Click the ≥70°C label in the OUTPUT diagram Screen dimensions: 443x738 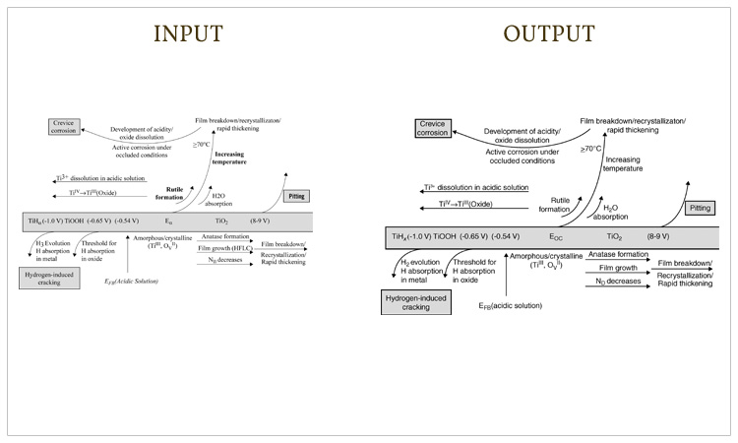(x=590, y=148)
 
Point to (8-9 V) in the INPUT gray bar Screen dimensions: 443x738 (x=264, y=222)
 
